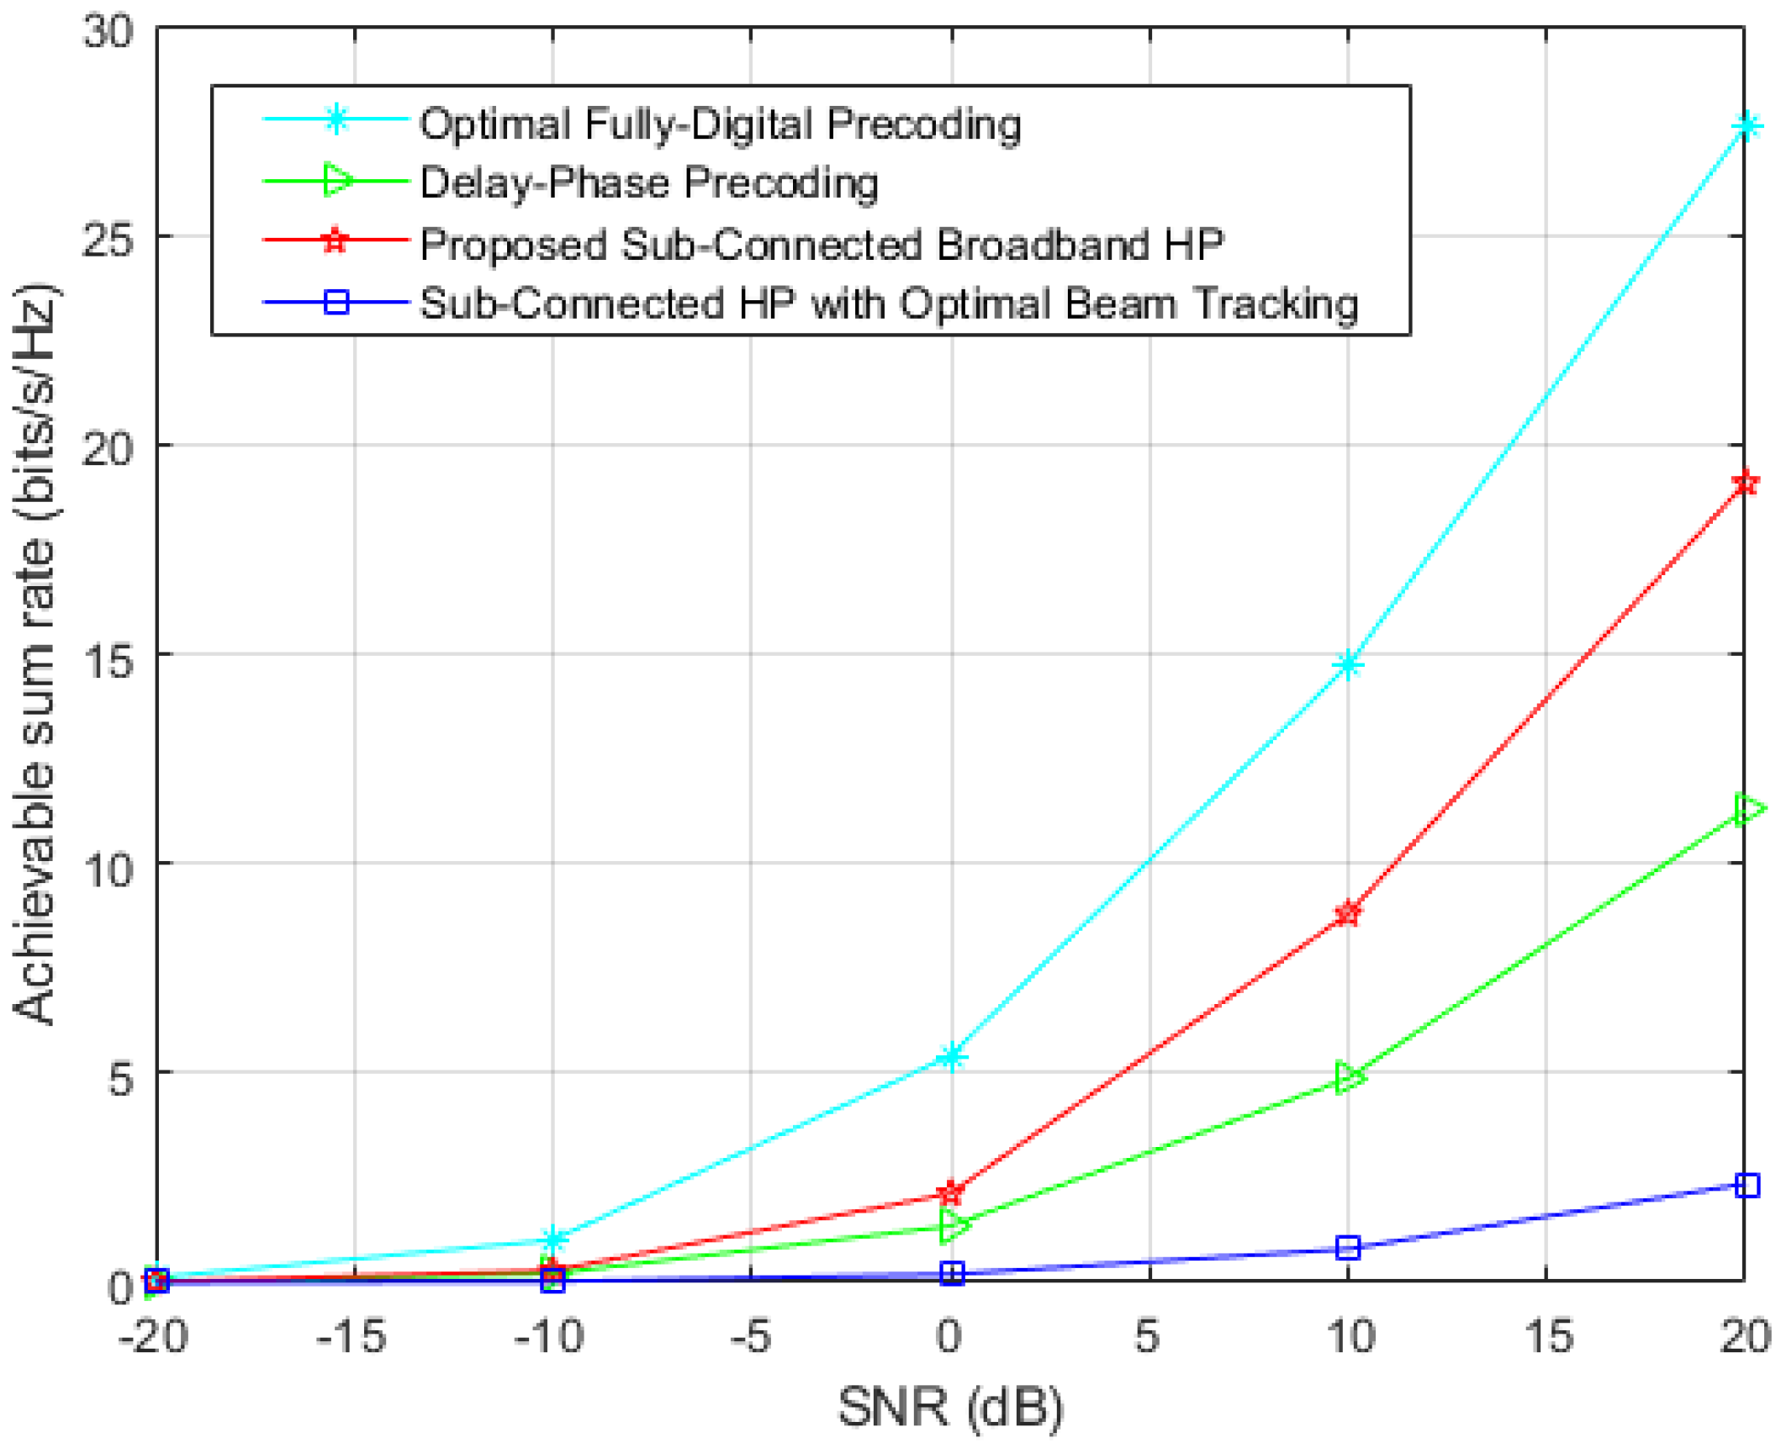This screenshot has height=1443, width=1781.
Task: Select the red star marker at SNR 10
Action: (x=1348, y=912)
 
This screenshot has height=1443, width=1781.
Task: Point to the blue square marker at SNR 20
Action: (x=1747, y=1185)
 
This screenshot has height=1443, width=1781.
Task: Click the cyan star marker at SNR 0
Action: (x=951, y=1056)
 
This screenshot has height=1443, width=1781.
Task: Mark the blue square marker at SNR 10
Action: (x=1348, y=1247)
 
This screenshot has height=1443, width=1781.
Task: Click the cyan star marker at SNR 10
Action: (x=1348, y=665)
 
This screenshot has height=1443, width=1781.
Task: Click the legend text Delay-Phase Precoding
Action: (x=648, y=182)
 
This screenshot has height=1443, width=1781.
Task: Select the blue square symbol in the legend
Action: (x=336, y=302)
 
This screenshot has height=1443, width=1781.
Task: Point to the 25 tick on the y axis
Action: (x=108, y=239)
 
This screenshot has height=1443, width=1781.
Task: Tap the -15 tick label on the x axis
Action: (x=351, y=1335)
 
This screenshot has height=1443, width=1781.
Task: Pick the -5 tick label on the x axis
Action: (x=749, y=1335)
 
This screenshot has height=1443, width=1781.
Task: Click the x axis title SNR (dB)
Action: (x=950, y=1405)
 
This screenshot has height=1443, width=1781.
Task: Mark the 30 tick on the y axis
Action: (x=108, y=32)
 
